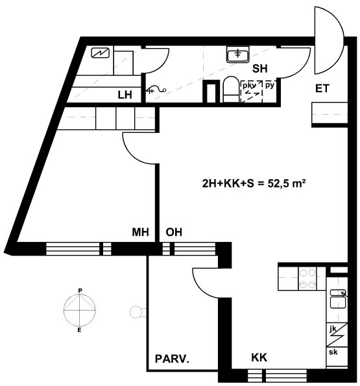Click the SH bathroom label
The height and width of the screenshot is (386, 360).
coord(259,69)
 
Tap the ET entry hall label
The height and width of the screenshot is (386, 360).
coord(322,89)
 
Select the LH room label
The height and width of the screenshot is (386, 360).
coord(125,95)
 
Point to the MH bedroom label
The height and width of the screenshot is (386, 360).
coord(140,232)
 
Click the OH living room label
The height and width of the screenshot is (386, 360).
coord(174,232)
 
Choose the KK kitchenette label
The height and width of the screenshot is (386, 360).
coord(259,357)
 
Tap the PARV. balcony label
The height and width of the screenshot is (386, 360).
coord(172,359)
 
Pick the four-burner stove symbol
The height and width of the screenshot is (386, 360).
coord(307,278)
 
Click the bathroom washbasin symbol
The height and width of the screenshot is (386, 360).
coord(237,54)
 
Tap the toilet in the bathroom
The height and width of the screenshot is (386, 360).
coord(230,89)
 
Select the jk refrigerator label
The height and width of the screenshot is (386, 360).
coord(333,329)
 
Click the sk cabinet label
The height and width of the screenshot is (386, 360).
coord(333,352)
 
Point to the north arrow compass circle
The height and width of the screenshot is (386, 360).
coord(80,309)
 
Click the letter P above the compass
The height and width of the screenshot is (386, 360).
coord(80,291)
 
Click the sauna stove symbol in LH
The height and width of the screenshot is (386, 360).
coord(101,53)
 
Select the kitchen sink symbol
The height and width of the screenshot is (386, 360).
coord(337,299)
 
